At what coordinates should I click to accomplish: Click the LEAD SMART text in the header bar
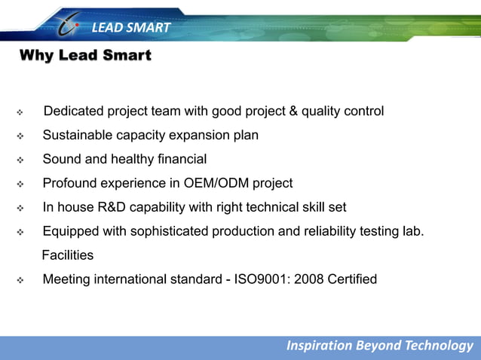coord(131,29)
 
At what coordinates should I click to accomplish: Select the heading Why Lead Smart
coord(84,56)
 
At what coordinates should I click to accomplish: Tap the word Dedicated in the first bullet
coord(74,111)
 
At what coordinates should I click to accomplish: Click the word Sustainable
coord(78,136)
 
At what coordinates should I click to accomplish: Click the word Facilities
coord(68,256)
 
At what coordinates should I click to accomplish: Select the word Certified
coord(352,280)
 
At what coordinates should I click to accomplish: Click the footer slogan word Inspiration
coord(319,346)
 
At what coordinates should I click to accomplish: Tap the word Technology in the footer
coord(438,346)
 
